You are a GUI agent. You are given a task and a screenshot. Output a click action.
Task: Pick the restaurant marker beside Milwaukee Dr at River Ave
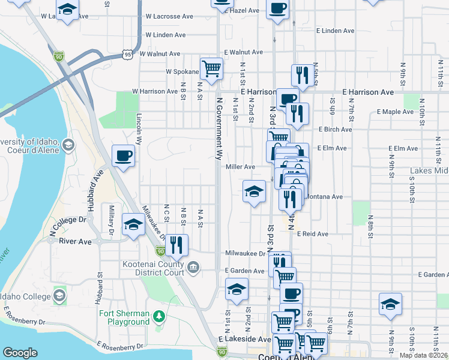[x=176, y=244]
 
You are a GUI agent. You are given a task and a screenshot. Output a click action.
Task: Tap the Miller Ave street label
[x=240, y=167]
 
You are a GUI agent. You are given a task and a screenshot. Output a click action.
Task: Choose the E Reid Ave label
[x=312, y=233]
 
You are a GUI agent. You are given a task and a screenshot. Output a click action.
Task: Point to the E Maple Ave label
[x=396, y=112]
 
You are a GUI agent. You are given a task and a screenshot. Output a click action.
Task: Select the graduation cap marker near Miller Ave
[x=254, y=191]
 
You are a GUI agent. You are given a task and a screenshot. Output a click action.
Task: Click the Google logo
[x=20, y=353]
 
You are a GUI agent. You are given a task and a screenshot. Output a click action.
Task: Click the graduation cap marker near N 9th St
[x=390, y=304]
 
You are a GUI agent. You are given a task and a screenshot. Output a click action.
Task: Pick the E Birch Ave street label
[x=335, y=129]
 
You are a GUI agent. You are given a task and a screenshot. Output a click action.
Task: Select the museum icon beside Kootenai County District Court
[x=194, y=267]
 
